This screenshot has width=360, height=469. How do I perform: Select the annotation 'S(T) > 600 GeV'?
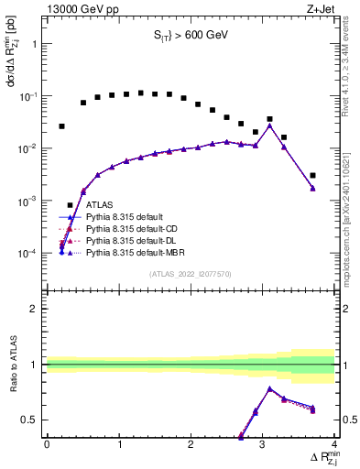(x=190, y=36)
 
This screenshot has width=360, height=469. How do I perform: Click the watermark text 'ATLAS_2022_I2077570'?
(x=190, y=272)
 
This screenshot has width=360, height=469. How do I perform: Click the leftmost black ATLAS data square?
(x=62, y=126)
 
